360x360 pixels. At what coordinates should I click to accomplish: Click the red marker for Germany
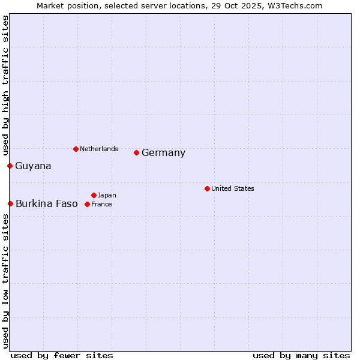click(136, 152)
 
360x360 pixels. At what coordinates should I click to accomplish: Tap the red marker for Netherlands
click(76, 149)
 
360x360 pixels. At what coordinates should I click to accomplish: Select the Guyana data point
click(10, 166)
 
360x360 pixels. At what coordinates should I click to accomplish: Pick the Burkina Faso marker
click(10, 204)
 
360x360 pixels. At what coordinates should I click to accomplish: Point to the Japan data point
click(94, 195)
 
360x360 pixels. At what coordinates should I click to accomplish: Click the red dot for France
click(87, 204)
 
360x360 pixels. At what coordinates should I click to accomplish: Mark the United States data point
click(207, 188)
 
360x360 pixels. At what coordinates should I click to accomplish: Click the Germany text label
click(164, 153)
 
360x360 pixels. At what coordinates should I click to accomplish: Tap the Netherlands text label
click(99, 149)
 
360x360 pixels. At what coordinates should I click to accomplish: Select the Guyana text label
click(33, 166)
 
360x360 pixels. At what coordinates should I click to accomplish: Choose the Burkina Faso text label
click(47, 204)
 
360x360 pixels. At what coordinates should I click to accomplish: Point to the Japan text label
click(107, 195)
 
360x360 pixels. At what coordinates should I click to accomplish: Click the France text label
click(101, 204)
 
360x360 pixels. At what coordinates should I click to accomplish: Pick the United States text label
click(233, 188)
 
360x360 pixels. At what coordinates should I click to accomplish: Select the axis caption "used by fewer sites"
click(62, 355)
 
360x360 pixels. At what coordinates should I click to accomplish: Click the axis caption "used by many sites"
click(301, 355)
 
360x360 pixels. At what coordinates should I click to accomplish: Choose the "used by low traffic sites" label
click(5, 281)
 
